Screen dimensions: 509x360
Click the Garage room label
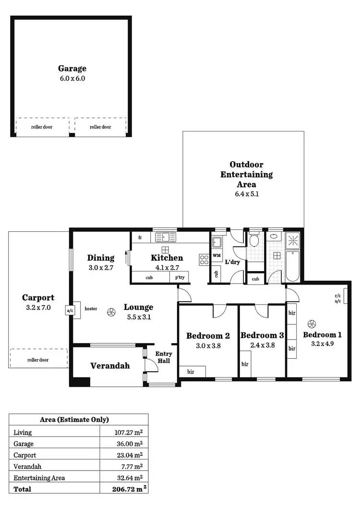point(72,69)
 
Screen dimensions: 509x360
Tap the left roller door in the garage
point(42,127)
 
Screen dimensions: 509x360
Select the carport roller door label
point(38,360)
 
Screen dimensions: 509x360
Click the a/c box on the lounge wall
point(70,310)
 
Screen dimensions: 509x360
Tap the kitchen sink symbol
point(166,237)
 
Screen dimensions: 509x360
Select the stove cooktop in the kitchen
point(204,260)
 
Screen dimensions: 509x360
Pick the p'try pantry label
point(180,277)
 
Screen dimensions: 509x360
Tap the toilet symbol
point(254,238)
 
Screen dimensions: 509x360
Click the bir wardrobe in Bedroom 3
point(245,365)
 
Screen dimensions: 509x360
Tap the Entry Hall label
point(164,357)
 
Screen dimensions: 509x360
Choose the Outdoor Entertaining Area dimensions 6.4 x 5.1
point(246,194)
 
